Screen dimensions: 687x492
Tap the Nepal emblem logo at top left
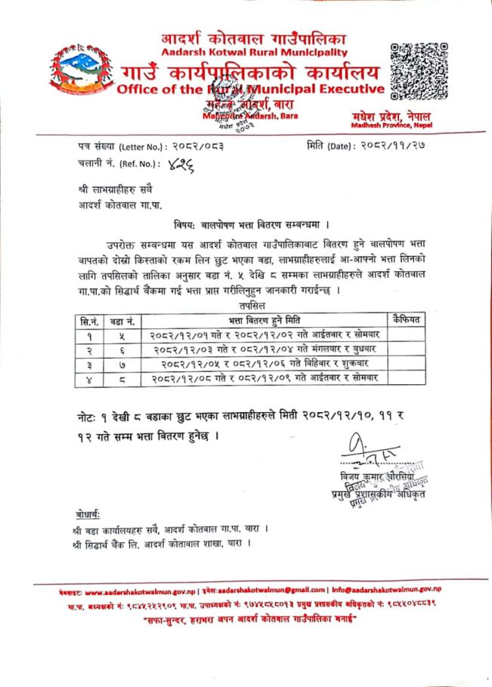[79, 75]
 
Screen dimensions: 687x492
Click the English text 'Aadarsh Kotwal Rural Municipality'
[254, 52]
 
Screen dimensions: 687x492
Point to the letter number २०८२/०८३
[191, 145]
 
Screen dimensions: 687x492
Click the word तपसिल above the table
[248, 307]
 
